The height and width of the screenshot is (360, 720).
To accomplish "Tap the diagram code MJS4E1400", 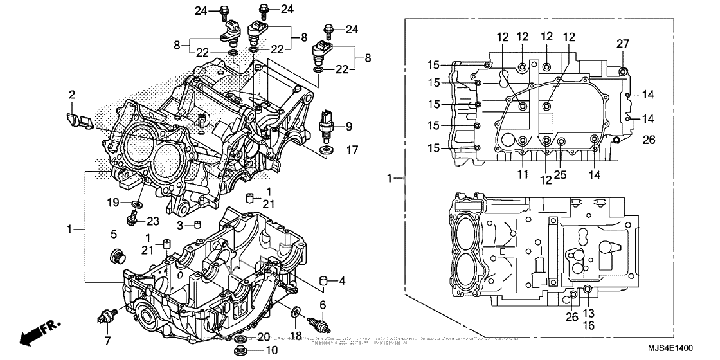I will (x=668, y=349).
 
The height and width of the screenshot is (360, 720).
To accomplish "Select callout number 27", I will (x=622, y=44).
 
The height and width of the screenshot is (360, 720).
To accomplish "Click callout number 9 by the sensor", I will (x=350, y=125).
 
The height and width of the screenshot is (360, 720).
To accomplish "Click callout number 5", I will (x=113, y=233).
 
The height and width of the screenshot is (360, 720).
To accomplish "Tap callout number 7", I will (x=107, y=340).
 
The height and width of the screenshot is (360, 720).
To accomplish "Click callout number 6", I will (x=323, y=304).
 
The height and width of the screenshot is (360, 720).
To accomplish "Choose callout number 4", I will (x=343, y=280).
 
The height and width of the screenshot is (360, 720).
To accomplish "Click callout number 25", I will (x=561, y=174).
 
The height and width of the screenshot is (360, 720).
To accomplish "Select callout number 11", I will (x=521, y=174).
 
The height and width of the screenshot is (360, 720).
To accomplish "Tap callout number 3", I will (x=181, y=224).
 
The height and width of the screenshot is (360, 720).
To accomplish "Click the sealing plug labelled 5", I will (x=116, y=258).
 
